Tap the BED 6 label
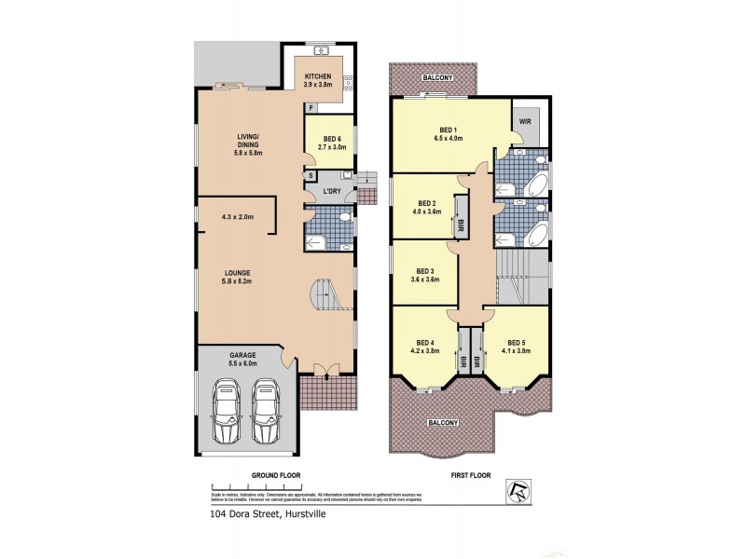pos(332,142)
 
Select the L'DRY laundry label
pos(332,192)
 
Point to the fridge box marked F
pos(311,108)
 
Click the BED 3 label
pos(425,274)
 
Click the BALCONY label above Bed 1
pos(434,78)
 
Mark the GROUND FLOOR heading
pos(276,474)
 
